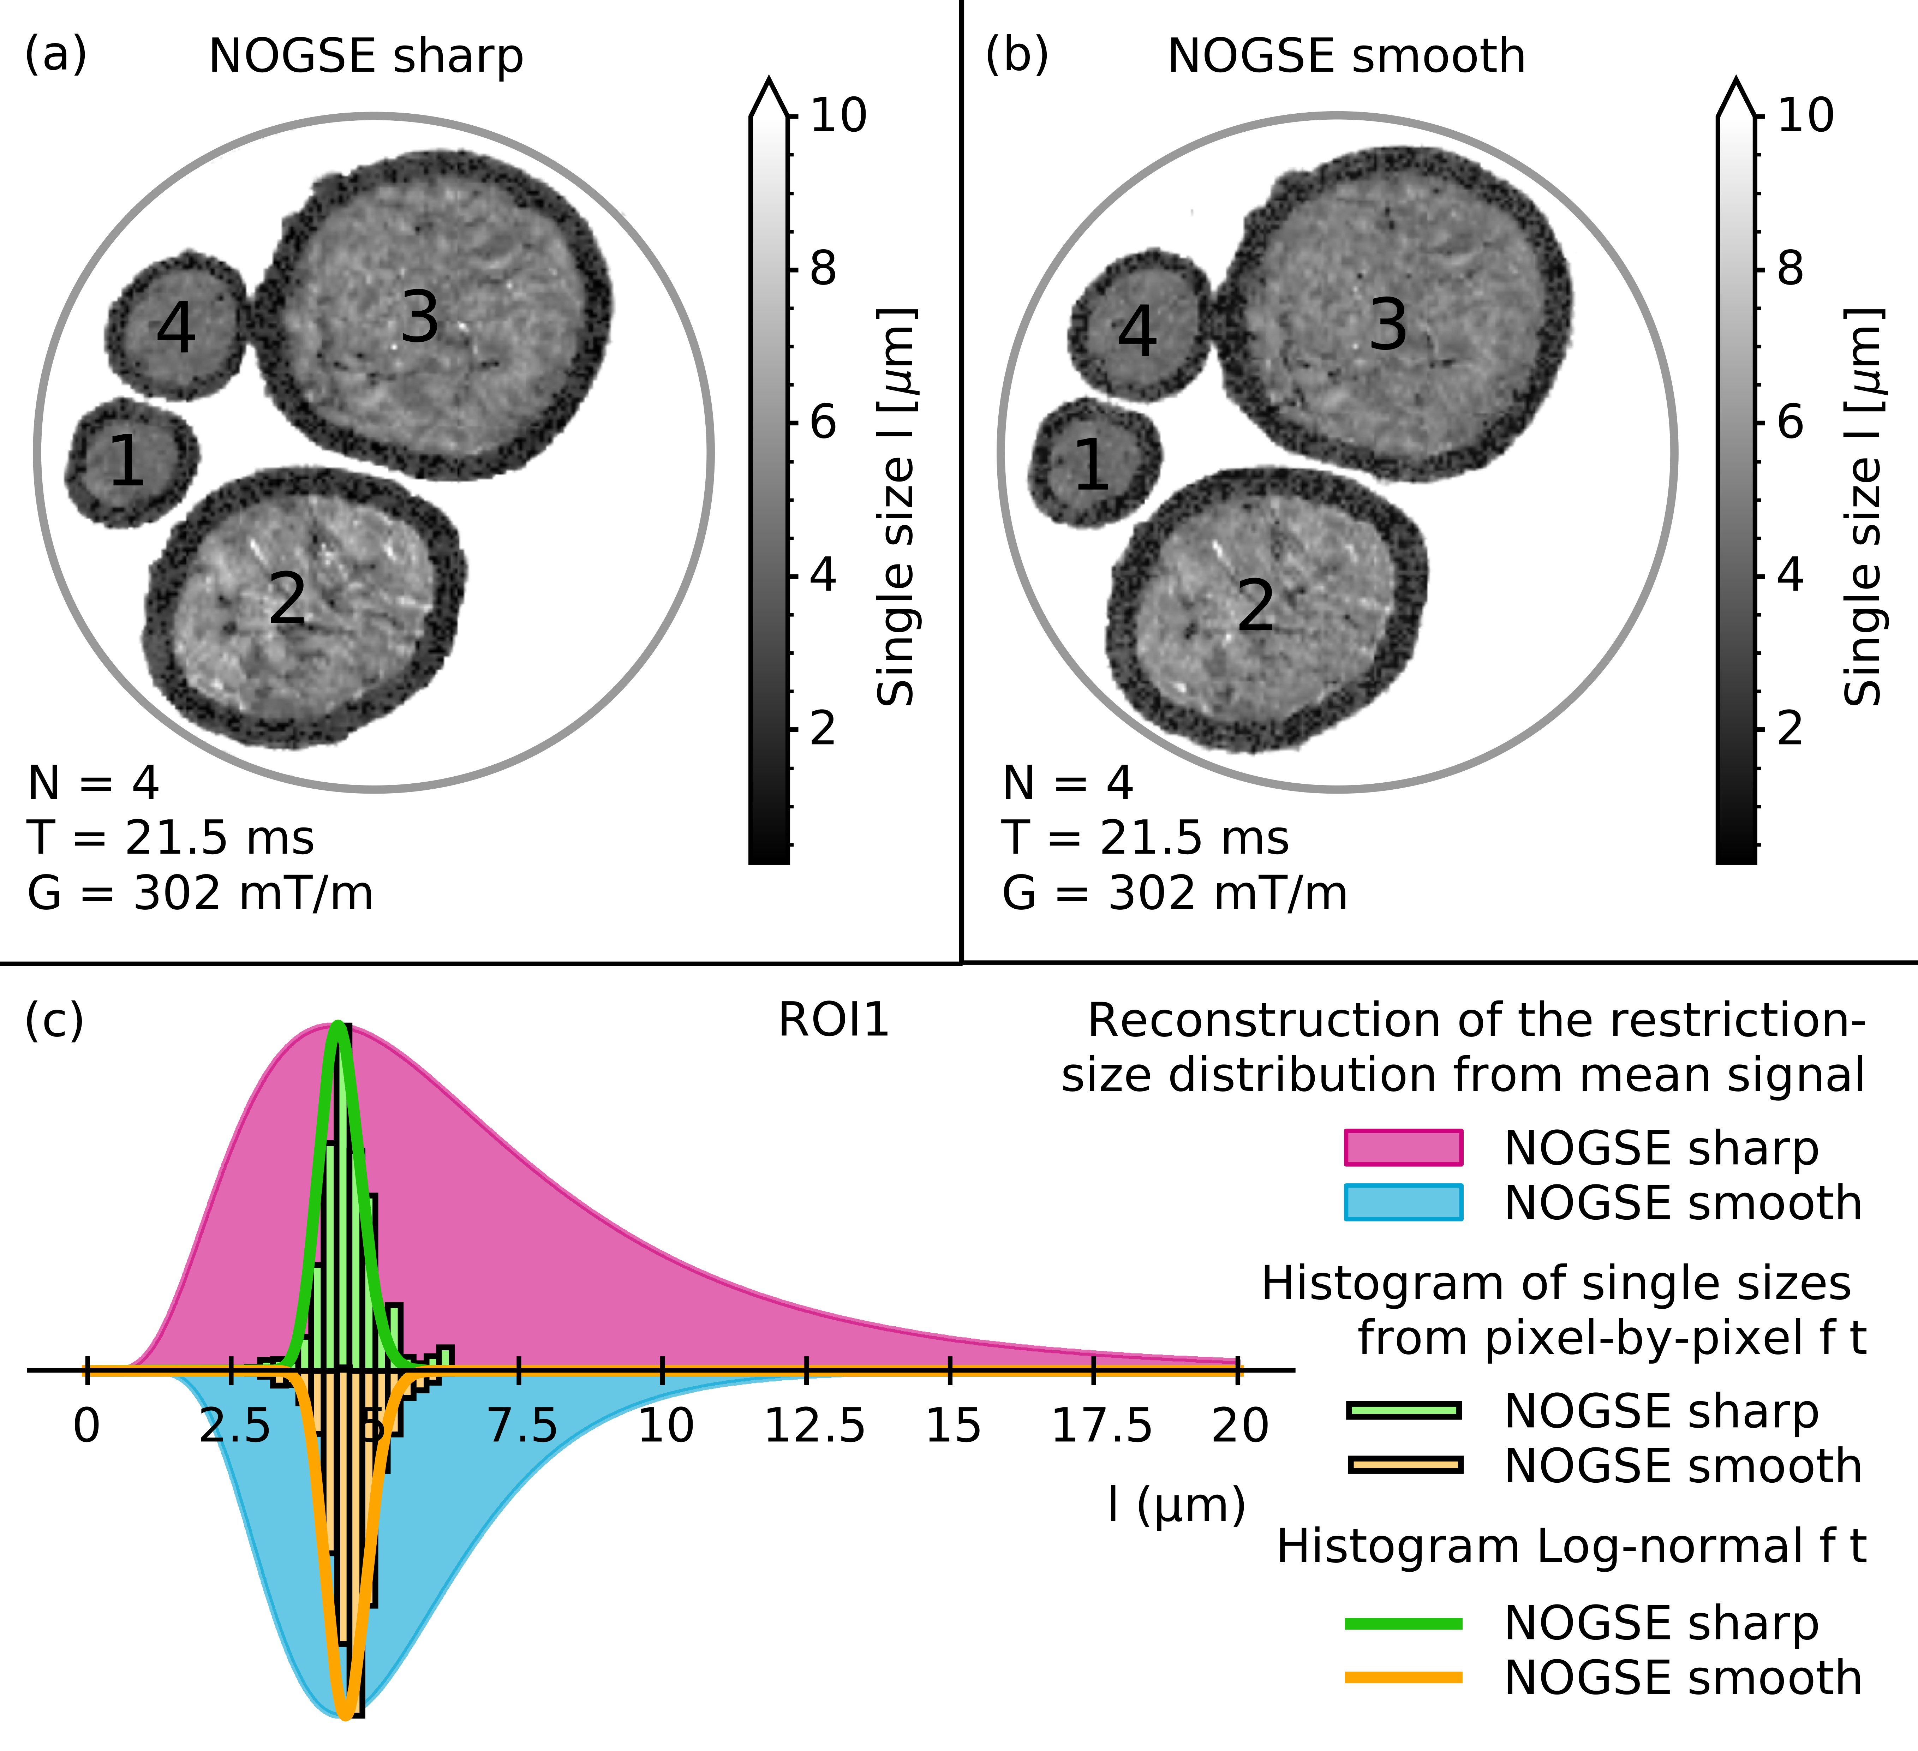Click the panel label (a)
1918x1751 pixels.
55,55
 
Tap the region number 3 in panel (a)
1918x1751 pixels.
419,317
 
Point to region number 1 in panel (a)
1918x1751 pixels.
126,461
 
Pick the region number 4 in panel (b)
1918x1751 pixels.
1137,333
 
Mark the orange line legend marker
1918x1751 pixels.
1403,1678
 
